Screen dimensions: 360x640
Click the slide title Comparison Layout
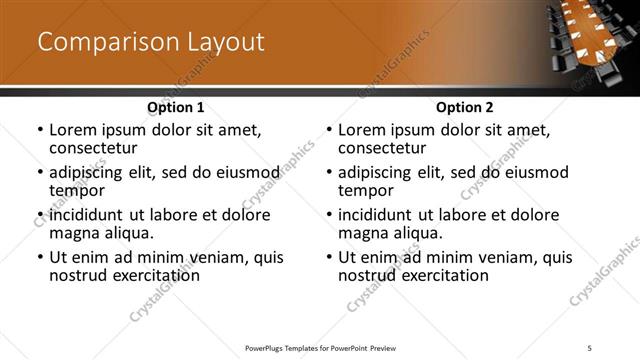151,42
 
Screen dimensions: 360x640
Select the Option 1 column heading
176,107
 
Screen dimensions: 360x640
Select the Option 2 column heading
465,107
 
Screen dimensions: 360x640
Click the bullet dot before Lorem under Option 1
40,131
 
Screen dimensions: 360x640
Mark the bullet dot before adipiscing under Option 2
329,173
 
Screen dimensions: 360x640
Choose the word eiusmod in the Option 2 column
530,172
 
